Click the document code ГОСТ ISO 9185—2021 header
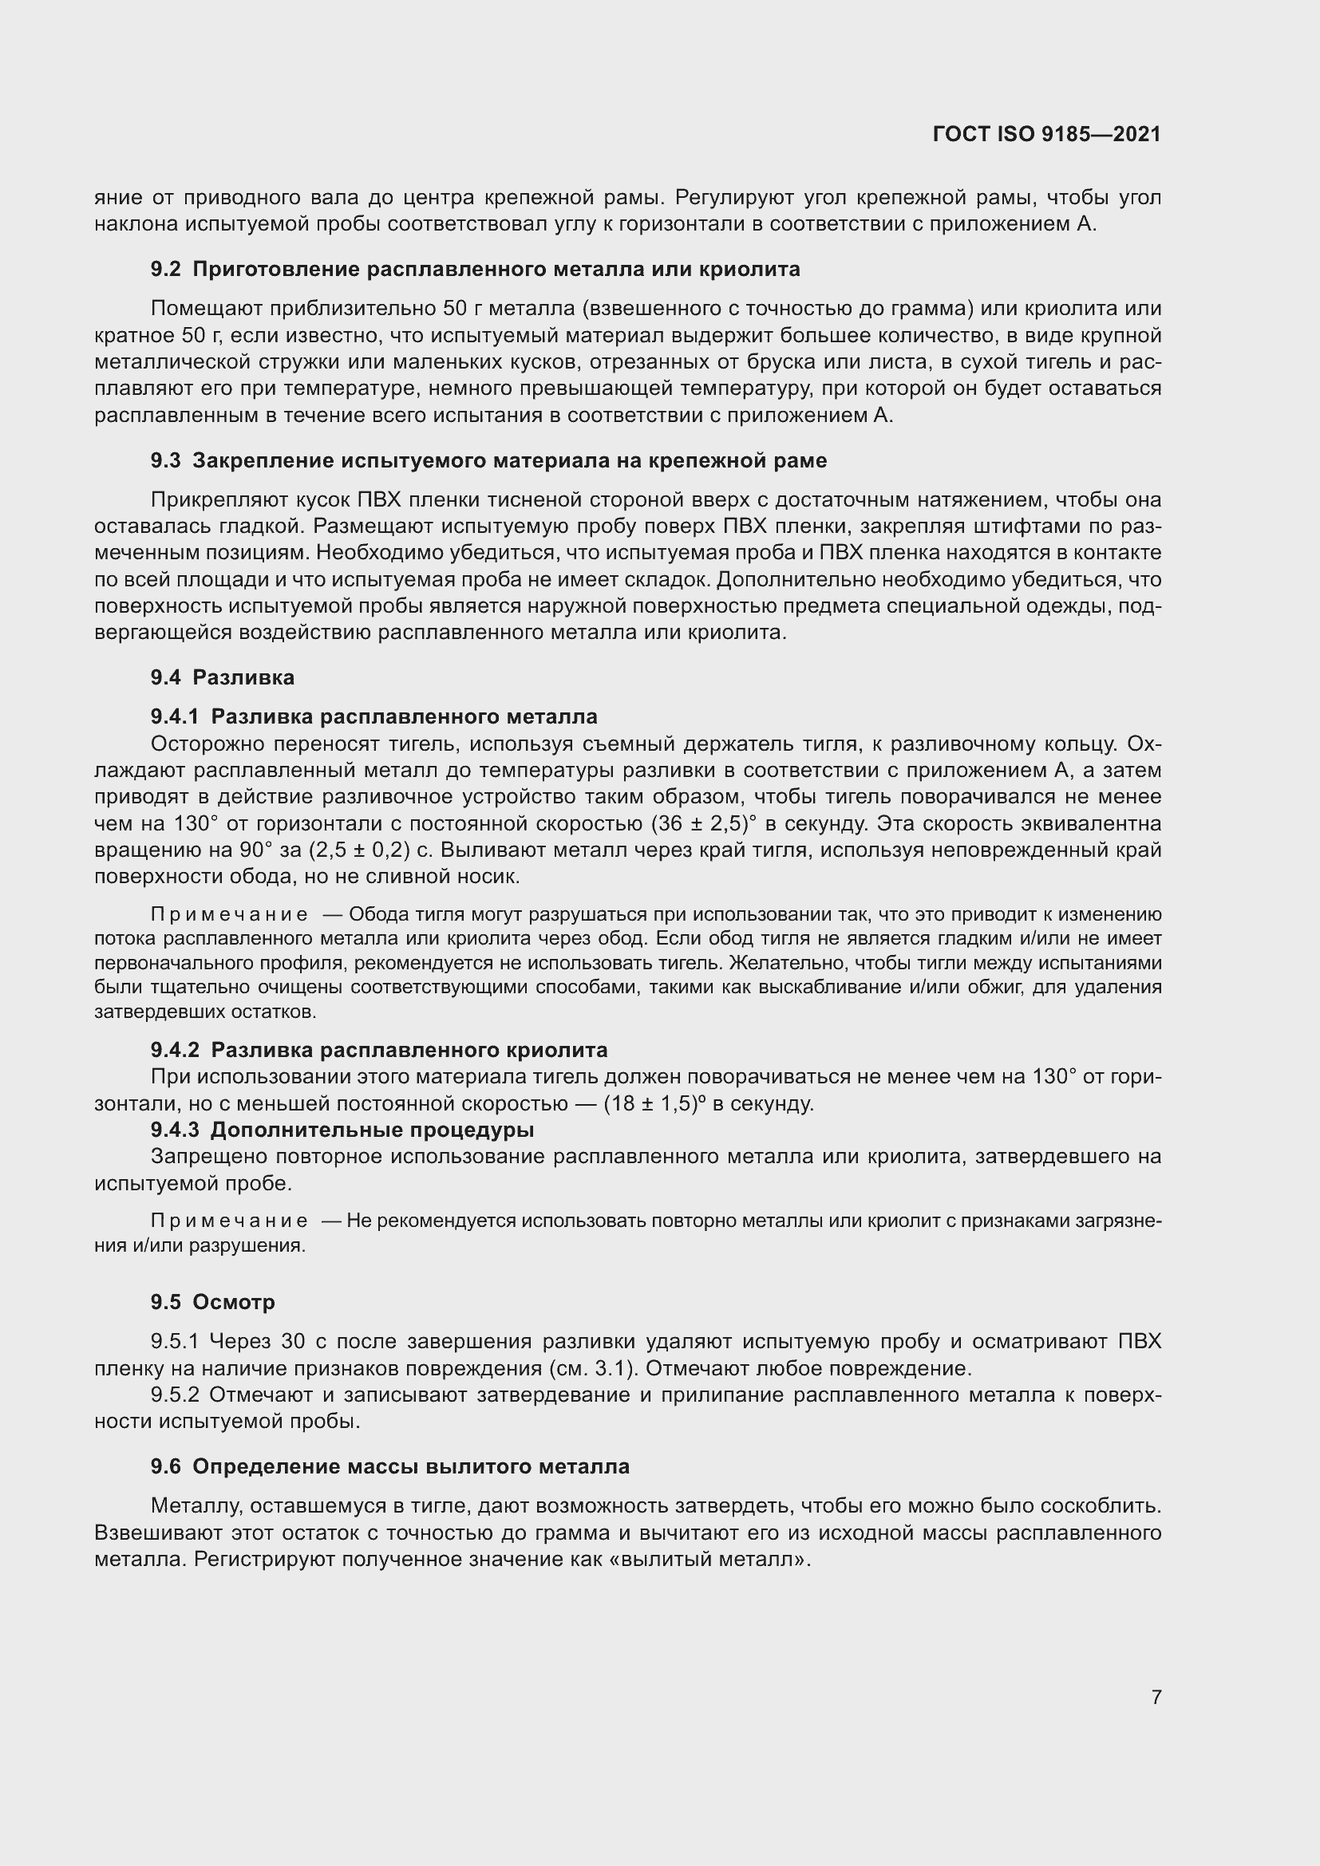tap(1047, 134)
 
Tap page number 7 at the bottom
tap(1156, 1697)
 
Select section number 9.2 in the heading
tap(166, 269)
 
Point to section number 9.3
tap(166, 461)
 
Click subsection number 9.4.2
tap(175, 1050)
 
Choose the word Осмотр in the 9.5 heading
tap(234, 1301)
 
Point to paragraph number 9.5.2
tap(176, 1395)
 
